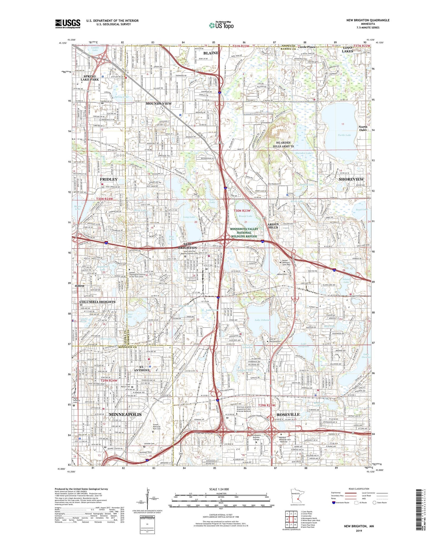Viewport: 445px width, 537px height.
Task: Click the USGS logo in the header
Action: pos(68,24)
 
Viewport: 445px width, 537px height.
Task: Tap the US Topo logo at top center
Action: pos(221,25)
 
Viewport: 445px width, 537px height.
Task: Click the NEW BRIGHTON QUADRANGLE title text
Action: pos(368,20)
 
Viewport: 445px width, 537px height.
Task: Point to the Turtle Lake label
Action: pos(344,135)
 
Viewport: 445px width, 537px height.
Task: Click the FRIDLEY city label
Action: pos(109,179)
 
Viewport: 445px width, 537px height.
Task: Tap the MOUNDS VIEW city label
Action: pos(158,103)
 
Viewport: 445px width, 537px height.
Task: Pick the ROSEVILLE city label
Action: pos(288,414)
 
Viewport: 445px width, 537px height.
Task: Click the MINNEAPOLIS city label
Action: pos(125,414)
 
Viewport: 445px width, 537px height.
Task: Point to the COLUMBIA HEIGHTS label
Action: pos(97,302)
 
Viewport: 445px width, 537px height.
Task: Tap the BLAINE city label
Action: pos(211,53)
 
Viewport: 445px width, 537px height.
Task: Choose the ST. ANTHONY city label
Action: pos(142,368)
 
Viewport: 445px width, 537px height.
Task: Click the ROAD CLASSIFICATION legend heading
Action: pos(359,489)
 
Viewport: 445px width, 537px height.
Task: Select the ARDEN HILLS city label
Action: pos(273,226)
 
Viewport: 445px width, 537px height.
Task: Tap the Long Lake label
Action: pos(189,217)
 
